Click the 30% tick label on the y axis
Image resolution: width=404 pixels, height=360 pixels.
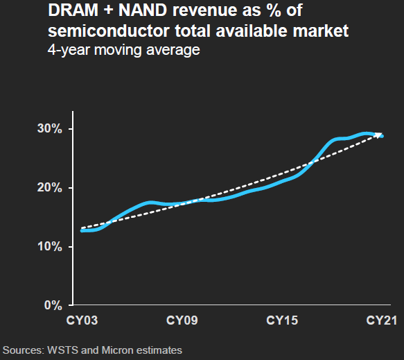(x=49, y=129)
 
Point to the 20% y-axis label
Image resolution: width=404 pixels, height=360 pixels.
(x=49, y=188)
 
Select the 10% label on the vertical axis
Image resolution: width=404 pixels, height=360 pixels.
(x=49, y=247)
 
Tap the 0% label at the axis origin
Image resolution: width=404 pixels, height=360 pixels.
(x=53, y=305)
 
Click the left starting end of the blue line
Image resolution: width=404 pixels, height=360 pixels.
(x=82, y=230)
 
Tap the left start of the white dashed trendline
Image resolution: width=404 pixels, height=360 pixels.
(x=82, y=228)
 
